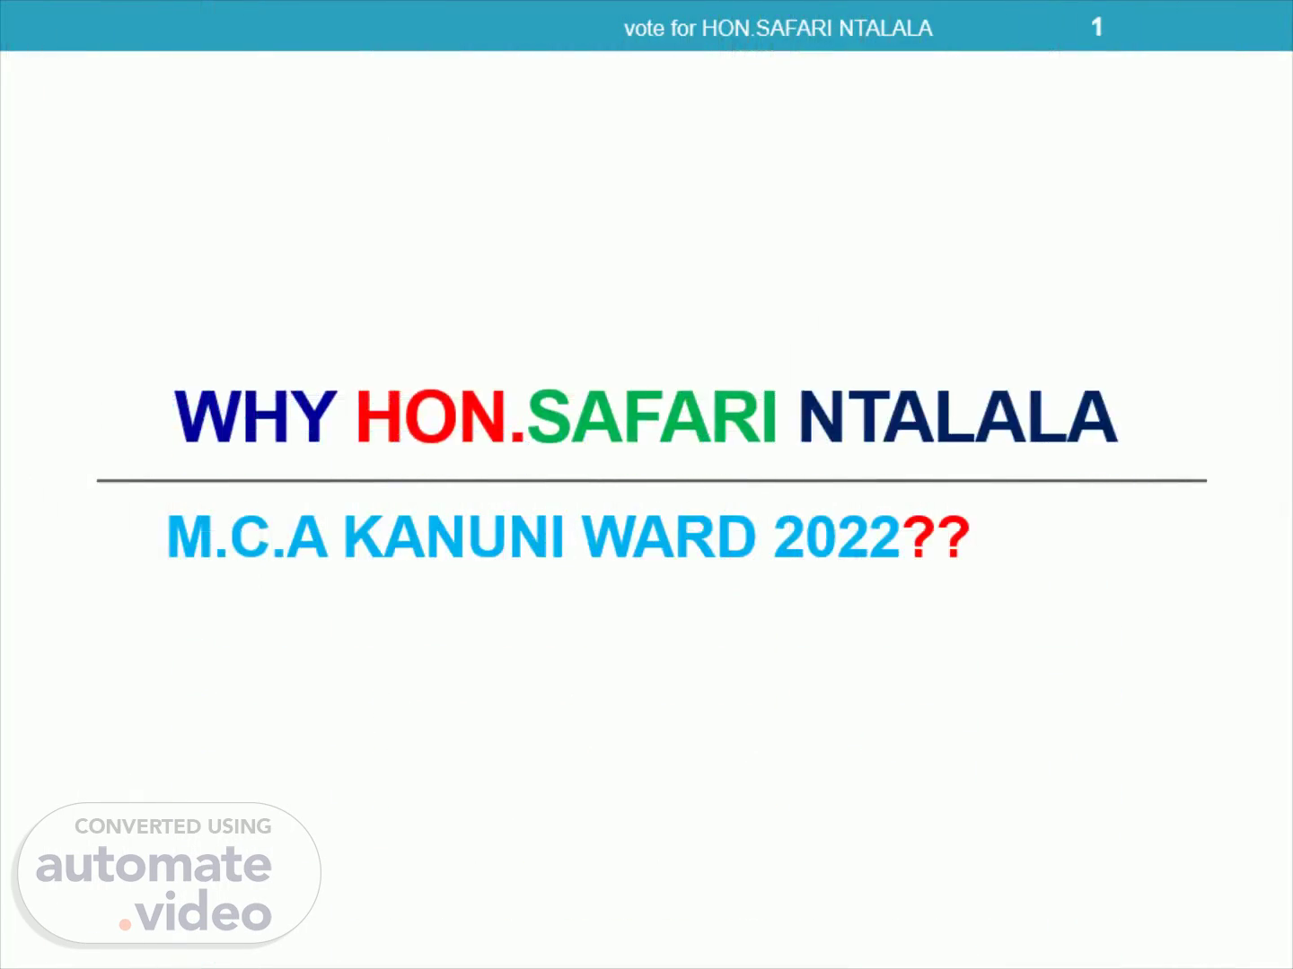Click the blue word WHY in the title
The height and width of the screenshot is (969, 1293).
[256, 416]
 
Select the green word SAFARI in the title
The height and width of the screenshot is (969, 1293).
[652, 416]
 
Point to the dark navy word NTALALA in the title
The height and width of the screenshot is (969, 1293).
[958, 416]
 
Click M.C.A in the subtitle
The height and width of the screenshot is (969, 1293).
[248, 536]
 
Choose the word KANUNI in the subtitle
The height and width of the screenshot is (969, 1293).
[454, 536]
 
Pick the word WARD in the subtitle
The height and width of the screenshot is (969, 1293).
[669, 536]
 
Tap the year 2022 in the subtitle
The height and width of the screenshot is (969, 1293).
[837, 536]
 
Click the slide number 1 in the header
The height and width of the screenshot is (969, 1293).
[1096, 27]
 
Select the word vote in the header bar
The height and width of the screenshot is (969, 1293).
[645, 29]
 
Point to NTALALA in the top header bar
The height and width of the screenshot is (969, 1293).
[885, 28]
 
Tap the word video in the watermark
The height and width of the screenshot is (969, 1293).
[204, 910]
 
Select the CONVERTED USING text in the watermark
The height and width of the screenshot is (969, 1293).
[172, 826]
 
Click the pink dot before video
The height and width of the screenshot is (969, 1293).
[125, 925]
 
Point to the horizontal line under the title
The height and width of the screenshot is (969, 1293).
[652, 481]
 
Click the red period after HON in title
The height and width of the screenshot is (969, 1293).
[517, 436]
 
